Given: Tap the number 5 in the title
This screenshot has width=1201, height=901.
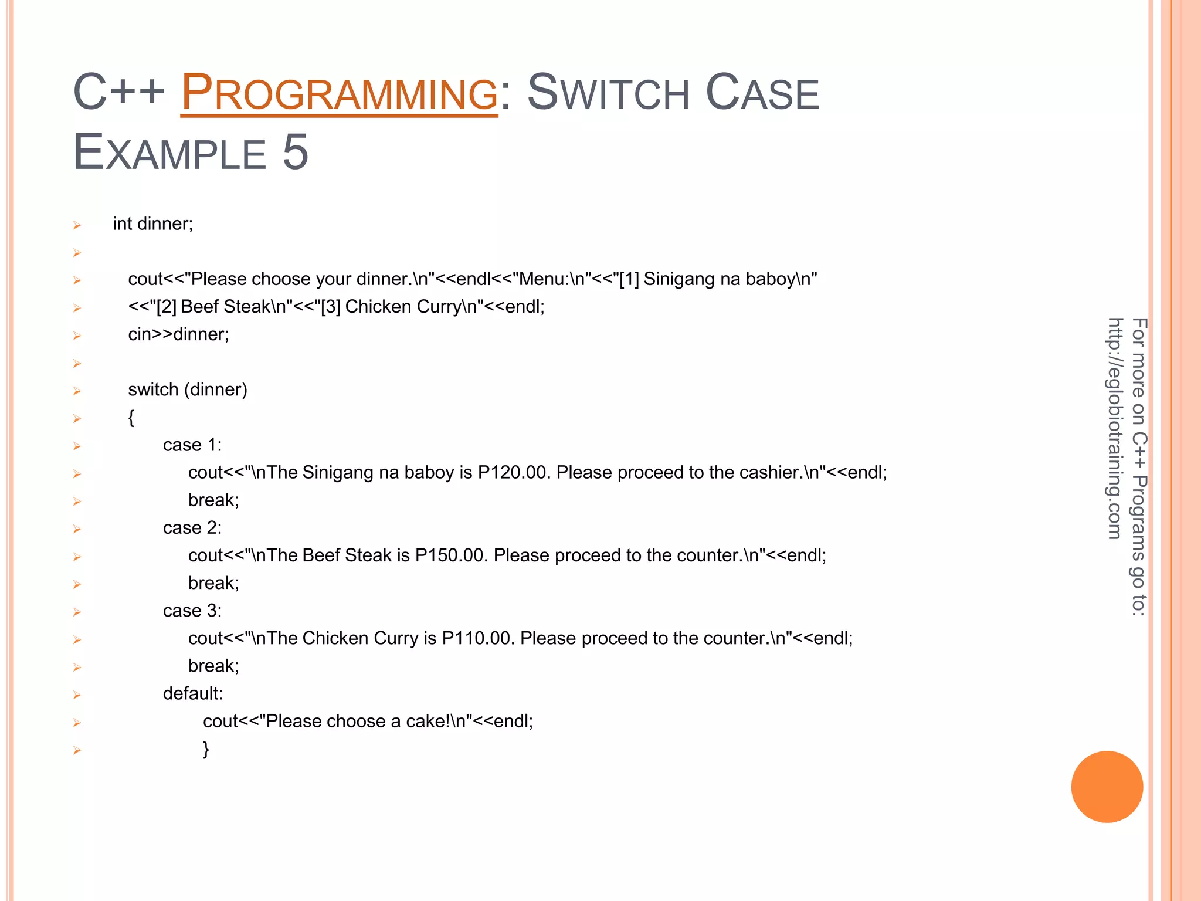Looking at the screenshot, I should coord(295,153).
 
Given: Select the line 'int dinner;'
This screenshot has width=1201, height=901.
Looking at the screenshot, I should coord(153,224).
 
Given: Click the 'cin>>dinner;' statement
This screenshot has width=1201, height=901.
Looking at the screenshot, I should coord(178,334).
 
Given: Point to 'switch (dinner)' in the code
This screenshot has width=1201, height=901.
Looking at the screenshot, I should coord(188,389).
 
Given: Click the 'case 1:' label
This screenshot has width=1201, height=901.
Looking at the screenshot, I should coord(192,445).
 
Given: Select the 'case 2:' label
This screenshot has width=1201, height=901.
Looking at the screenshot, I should coord(192,528).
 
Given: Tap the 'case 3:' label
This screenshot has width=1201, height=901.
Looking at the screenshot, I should coord(192,611).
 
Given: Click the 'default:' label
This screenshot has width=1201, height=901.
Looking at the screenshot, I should coord(193,694).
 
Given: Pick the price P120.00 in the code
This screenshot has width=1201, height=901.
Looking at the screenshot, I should coord(512,473).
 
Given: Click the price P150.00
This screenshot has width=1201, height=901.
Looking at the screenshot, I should coord(449,555).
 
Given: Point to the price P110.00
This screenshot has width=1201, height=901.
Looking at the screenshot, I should coord(476,638).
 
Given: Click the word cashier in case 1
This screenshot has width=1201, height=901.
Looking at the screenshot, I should coord(769,473).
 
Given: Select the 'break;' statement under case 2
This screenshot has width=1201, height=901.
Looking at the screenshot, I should coord(213,583).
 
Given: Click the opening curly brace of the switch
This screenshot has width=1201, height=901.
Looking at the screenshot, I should coord(131,418).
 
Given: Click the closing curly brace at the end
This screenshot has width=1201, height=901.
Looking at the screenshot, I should coord(206,749).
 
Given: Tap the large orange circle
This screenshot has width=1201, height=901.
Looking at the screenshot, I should coord(1107,787).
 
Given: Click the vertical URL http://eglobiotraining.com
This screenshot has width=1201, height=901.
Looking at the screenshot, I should coord(1115,428).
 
